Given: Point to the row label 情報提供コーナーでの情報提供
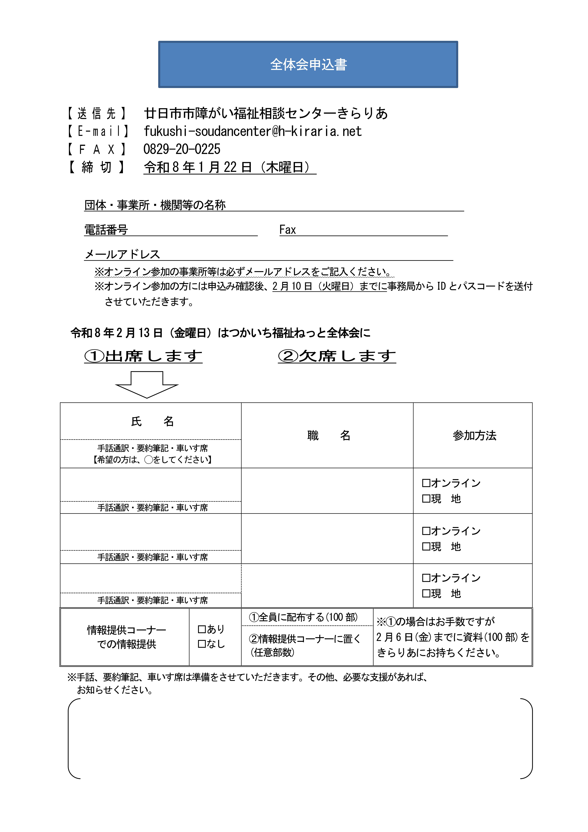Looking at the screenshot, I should coord(126,637).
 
